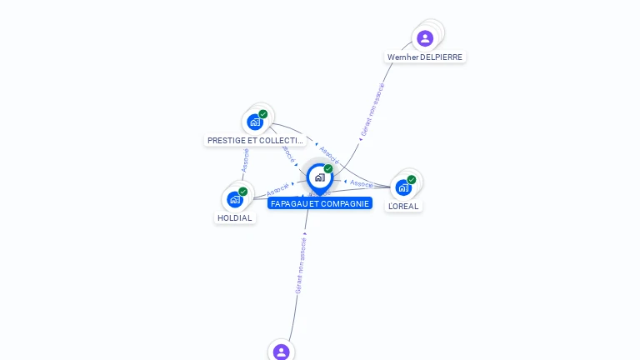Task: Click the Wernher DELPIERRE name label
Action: [425, 57]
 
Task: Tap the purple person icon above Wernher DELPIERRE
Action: [425, 37]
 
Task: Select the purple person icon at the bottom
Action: [281, 352]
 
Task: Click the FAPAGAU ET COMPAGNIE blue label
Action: [320, 203]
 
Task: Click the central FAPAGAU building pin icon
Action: [319, 177]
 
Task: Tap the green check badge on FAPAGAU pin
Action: [328, 168]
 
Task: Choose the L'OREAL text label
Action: [403, 206]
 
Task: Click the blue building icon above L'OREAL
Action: [403, 187]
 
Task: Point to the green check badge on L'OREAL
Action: [412, 179]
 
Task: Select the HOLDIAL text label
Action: [234, 218]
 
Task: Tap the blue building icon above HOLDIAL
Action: [234, 200]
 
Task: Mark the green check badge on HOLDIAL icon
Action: [243, 192]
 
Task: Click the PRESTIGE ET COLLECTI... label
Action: [255, 141]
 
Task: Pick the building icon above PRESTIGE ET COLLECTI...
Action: [254, 122]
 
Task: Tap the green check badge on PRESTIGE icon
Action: [263, 114]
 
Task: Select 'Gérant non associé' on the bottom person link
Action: [301, 265]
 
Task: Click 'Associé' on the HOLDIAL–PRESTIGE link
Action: [245, 161]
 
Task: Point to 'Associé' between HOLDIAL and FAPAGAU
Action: [277, 189]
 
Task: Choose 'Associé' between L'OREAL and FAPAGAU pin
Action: [361, 182]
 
